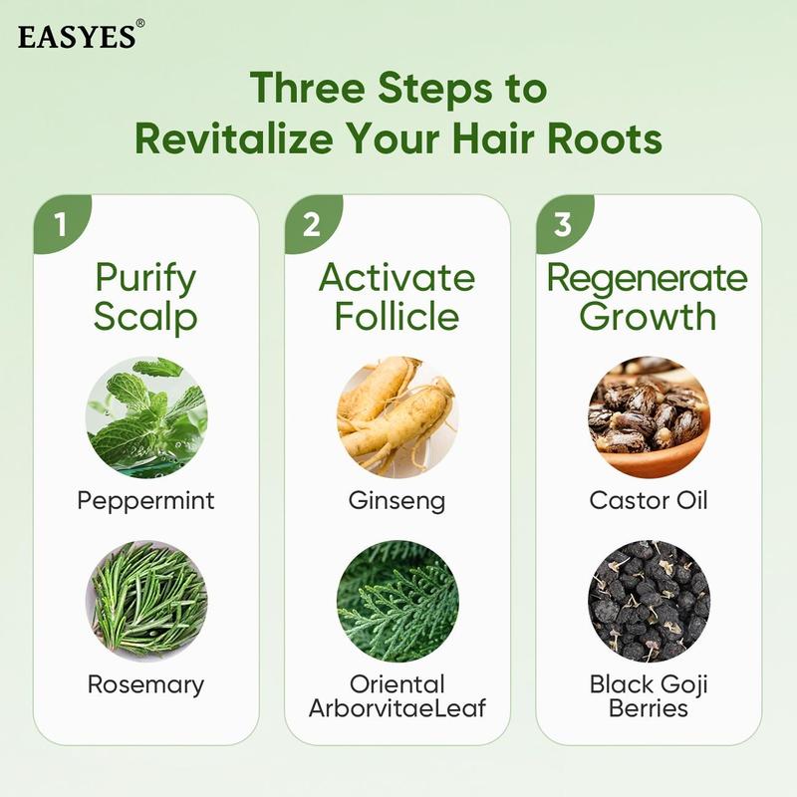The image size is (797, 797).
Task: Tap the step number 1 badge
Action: tap(61, 223)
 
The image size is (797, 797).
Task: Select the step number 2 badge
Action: tap(312, 223)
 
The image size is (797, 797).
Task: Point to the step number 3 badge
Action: tap(563, 223)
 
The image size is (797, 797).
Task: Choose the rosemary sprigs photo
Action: tap(146, 600)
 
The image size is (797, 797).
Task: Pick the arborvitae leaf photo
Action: tap(398, 600)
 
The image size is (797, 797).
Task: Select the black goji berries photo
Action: tap(649, 600)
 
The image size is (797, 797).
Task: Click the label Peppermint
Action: tap(146, 500)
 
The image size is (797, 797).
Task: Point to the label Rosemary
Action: tap(146, 684)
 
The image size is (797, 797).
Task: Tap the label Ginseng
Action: tap(398, 499)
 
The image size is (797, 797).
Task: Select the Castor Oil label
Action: tap(649, 499)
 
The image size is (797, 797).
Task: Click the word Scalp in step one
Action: tap(146, 317)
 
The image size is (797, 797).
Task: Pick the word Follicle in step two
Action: tap(398, 316)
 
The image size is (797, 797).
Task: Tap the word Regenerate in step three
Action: tap(649, 278)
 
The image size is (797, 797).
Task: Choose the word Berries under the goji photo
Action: tap(649, 708)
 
